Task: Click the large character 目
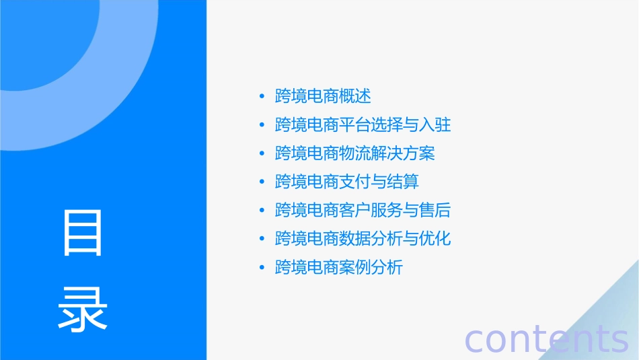(83, 232)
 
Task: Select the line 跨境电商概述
(323, 96)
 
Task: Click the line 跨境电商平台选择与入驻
(363, 125)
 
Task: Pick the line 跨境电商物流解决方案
(354, 153)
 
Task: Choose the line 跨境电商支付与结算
(347, 182)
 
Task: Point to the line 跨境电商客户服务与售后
(363, 211)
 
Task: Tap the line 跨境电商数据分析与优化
(363, 239)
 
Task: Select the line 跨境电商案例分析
(339, 267)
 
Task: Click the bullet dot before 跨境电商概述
(262, 97)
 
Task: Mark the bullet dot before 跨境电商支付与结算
(262, 182)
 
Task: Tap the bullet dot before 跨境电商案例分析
(262, 268)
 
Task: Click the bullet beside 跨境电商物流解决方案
(262, 154)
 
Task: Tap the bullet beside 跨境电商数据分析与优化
(262, 240)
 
